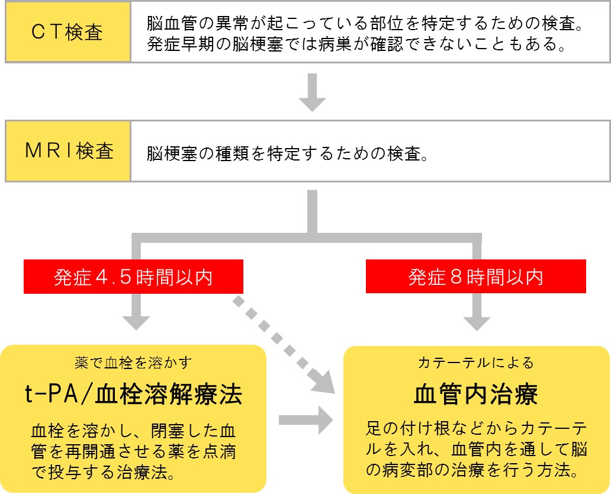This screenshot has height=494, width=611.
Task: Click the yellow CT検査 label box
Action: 67,31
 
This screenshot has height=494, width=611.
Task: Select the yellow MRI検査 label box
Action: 67,152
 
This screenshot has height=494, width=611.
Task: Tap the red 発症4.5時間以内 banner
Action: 133,277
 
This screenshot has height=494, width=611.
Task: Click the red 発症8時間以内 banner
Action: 475,277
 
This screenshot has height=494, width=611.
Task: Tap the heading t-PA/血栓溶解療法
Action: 133,394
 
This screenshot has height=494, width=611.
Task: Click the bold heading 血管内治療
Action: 476,394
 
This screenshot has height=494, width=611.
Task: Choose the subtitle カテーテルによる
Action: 476,362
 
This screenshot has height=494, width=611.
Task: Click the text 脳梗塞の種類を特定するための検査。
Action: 287,155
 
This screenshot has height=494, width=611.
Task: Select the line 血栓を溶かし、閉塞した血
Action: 133,430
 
